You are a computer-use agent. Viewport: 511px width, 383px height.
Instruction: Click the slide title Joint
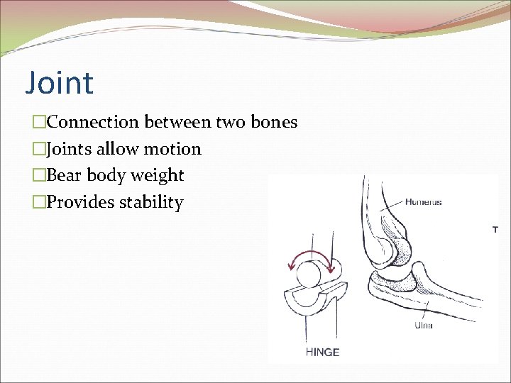click(x=59, y=83)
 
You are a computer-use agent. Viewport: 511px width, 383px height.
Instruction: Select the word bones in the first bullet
click(x=273, y=122)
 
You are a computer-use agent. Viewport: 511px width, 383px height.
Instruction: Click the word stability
click(x=150, y=203)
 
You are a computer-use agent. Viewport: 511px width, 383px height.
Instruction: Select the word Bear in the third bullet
click(x=64, y=176)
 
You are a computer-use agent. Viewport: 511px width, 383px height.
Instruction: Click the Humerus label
click(x=423, y=202)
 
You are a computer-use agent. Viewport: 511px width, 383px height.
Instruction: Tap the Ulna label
click(x=424, y=326)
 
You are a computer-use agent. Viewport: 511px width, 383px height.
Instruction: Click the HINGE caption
click(x=322, y=353)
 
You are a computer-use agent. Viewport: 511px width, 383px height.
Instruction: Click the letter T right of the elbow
click(x=495, y=229)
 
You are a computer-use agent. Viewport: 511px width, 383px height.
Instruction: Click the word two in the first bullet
click(x=230, y=122)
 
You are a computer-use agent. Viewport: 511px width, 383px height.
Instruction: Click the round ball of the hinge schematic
click(x=309, y=274)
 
